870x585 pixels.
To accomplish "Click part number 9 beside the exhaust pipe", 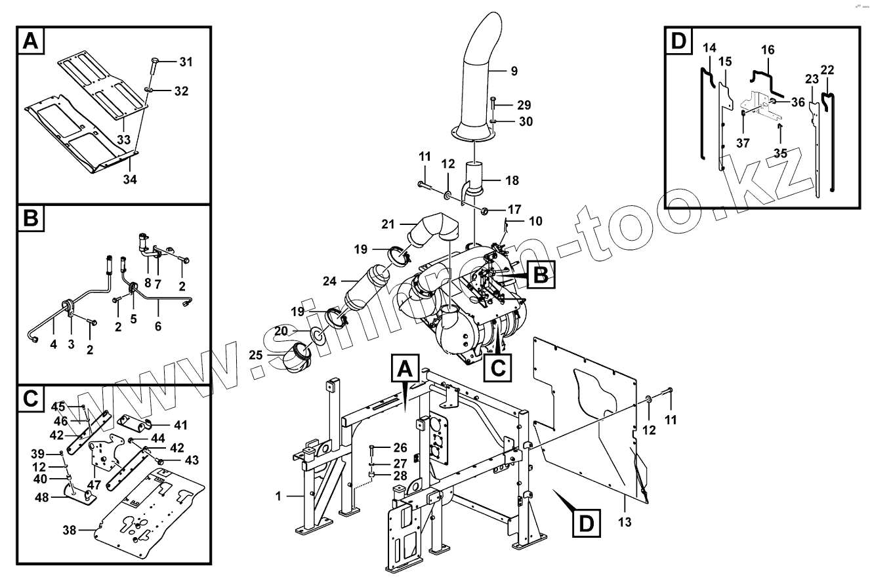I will [x=514, y=70].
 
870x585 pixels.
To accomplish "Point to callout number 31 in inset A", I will [x=186, y=62].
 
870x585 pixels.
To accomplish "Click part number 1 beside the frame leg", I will [x=279, y=496].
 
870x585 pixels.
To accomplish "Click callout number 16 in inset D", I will [x=768, y=50].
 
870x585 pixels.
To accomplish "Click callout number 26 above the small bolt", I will [x=400, y=448].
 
